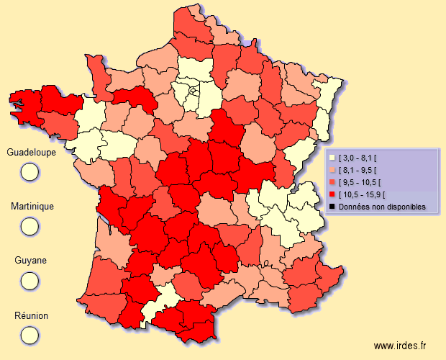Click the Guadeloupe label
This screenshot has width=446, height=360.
[x=31, y=153]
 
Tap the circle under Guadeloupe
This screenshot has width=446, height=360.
[x=29, y=171]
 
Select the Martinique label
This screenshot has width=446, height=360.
[x=32, y=207]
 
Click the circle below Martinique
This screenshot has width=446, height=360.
[x=29, y=225]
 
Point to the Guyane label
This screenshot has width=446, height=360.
[x=30, y=261]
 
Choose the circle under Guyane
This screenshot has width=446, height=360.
[x=29, y=280]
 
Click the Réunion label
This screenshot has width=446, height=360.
[x=30, y=315]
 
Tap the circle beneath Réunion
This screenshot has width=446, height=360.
[x=29, y=335]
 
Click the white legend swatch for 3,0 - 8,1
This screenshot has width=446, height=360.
[x=332, y=158]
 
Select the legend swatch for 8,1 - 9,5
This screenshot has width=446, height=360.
[x=332, y=170]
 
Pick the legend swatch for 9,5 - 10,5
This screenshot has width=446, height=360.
[x=332, y=182]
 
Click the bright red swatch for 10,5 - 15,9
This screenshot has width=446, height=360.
[x=332, y=194]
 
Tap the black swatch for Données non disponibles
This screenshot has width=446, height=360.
[x=332, y=207]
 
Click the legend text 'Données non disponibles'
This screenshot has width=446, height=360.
[x=382, y=207]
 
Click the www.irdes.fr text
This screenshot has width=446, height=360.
[x=405, y=346]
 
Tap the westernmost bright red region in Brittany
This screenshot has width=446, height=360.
[x=25, y=104]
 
